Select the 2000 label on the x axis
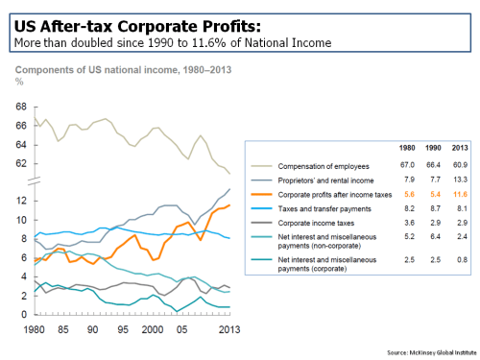[152, 329]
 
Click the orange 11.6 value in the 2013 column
[459, 193]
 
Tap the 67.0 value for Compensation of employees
[404, 165]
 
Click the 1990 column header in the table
[432, 149]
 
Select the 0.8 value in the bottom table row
[460, 259]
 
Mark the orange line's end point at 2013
[229, 204]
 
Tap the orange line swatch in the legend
[263, 193]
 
